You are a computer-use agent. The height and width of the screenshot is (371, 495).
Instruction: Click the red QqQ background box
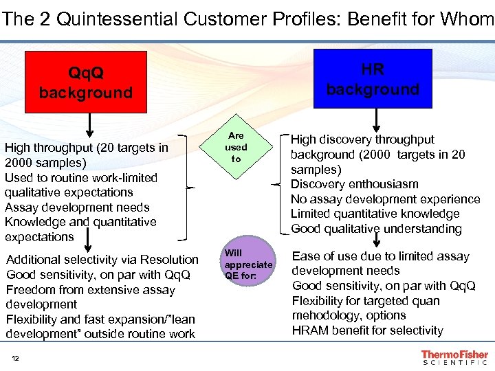tap(86, 82)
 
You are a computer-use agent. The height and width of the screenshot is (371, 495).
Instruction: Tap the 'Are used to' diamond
tap(236, 147)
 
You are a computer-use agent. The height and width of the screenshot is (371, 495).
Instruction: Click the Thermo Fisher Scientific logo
tap(454, 357)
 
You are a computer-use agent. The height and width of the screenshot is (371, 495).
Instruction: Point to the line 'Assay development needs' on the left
tap(77, 207)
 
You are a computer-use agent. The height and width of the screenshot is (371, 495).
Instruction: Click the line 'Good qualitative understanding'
tap(375, 229)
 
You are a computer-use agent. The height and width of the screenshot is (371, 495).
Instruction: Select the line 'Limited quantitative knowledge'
tap(375, 214)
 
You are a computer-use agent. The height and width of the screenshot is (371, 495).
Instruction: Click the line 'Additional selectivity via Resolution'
tap(102, 260)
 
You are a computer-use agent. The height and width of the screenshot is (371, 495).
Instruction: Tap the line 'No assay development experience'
tap(385, 199)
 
